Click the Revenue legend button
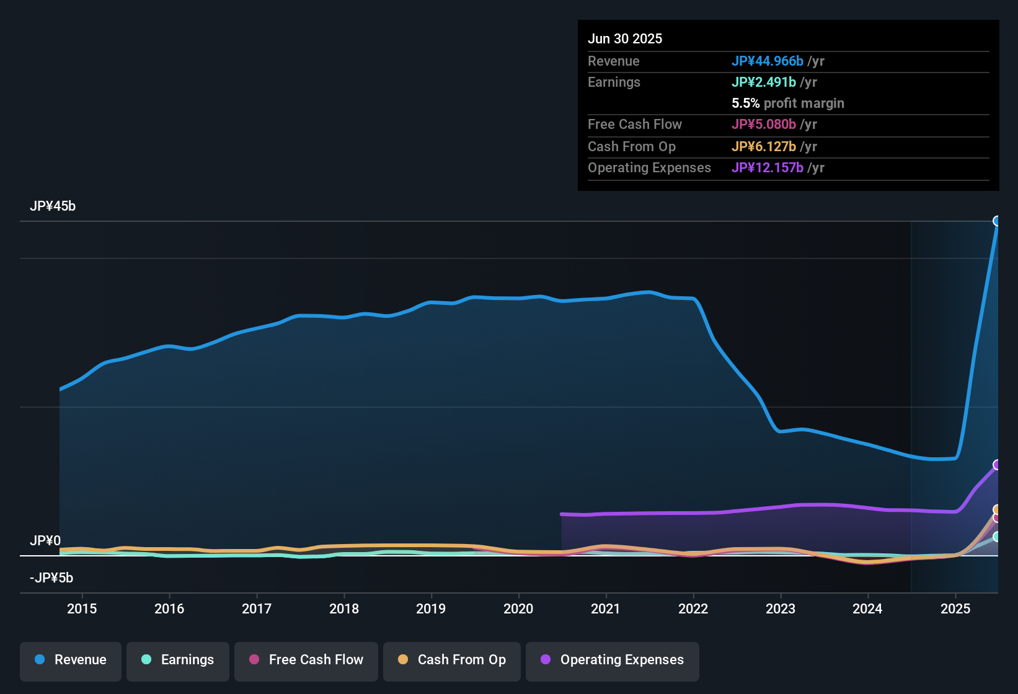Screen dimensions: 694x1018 click(x=71, y=660)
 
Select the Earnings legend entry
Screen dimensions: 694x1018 click(x=178, y=660)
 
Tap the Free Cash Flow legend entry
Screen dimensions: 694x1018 click(x=306, y=660)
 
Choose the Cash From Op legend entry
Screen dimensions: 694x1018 click(x=452, y=660)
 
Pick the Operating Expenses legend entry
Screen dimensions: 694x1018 click(x=613, y=660)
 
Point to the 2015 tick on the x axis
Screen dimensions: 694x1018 click(x=82, y=608)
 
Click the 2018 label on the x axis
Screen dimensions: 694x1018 click(x=344, y=608)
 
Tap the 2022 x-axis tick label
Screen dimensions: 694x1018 click(x=693, y=608)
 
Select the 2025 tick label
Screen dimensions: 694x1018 click(x=955, y=608)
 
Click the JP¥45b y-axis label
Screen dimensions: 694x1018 click(x=53, y=206)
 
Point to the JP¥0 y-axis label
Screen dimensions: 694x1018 click(x=45, y=541)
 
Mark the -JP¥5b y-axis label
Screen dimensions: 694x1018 click(x=51, y=578)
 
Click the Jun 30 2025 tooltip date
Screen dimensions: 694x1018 click(x=625, y=39)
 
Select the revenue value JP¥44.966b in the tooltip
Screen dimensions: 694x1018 click(x=768, y=61)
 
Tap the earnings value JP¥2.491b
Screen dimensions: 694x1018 click(x=764, y=82)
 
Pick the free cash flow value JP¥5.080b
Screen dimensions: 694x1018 click(x=764, y=125)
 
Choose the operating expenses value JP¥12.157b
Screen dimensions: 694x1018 click(x=768, y=168)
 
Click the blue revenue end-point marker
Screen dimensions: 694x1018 click(x=997, y=221)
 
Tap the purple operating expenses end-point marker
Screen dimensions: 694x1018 click(x=997, y=465)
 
